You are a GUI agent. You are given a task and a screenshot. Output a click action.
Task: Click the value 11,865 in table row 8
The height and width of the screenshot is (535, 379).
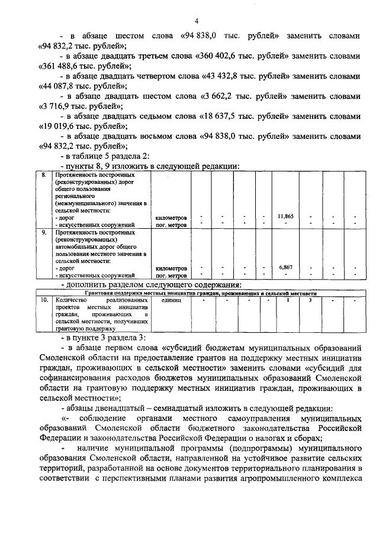pos(285,216)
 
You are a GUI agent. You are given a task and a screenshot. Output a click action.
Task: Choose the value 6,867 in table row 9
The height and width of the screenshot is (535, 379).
pos(285,268)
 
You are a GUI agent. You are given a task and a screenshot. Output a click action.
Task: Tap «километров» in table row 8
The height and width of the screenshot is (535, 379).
pos(171,218)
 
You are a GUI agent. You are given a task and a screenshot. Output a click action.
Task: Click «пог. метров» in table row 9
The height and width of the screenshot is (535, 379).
pos(171,275)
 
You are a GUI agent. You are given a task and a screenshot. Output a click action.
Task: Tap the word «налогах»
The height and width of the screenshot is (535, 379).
pos(255,438)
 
